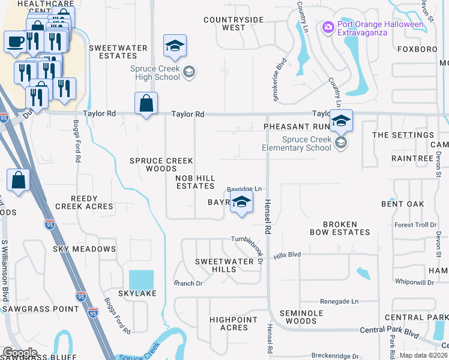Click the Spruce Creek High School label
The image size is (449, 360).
point(155,73)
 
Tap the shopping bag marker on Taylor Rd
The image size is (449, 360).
point(146,104)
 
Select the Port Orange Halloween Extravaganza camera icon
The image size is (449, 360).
point(328,27)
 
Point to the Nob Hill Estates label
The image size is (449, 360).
point(194,182)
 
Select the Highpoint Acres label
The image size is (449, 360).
point(234,323)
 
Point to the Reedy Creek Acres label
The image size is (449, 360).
point(84,202)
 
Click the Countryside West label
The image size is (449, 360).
point(234,23)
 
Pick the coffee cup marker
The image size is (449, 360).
point(15,42)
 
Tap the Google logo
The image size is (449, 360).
point(20,353)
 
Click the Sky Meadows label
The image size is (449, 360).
point(84,249)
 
